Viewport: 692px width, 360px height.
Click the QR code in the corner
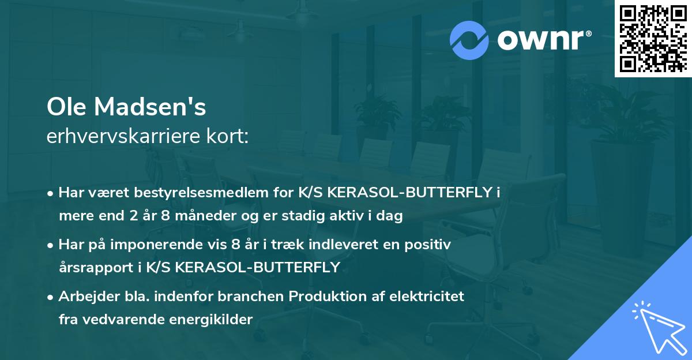tap(653, 39)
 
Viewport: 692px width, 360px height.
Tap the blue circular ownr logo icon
tap(469, 40)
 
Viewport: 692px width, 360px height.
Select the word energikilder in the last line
tap(218, 320)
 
